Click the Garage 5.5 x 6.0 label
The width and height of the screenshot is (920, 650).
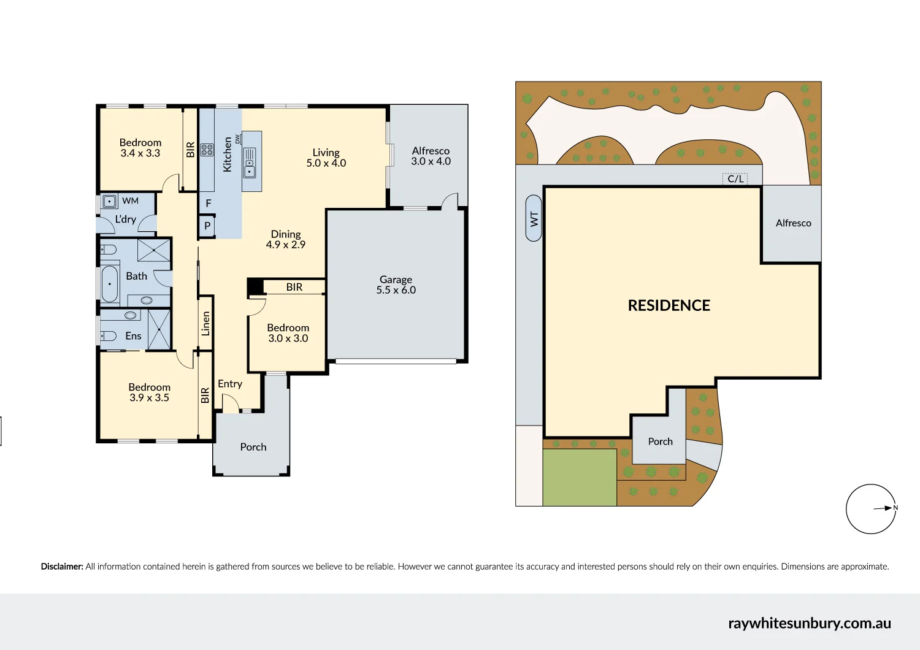pos(396,285)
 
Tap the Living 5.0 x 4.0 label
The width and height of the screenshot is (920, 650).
pos(326,158)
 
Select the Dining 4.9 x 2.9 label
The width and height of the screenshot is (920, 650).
pos(285,239)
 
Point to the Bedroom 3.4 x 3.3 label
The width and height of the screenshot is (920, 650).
pos(140,148)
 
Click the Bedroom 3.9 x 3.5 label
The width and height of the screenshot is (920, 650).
pos(149,392)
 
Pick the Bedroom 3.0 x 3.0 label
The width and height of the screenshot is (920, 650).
pos(288,333)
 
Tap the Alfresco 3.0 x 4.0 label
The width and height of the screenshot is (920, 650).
pos(431,156)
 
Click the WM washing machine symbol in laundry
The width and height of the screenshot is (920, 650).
pos(110,201)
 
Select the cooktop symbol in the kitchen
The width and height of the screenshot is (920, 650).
pos(207,149)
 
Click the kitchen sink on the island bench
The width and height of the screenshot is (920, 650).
pos(250,163)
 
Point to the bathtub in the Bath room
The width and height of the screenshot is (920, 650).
pos(110,283)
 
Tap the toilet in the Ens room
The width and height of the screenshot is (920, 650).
pos(109,336)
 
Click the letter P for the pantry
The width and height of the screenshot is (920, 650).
pos(207,226)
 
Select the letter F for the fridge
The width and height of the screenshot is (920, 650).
pos(209,203)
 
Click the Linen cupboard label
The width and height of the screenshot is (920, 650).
pos(206,324)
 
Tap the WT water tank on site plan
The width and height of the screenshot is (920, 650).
pos(534,218)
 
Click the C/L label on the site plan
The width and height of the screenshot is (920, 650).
pos(735,179)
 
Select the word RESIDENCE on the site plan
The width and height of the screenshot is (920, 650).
pos(669,305)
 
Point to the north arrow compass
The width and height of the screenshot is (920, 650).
pos(871,509)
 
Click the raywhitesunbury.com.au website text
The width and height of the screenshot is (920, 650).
pos(809,624)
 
